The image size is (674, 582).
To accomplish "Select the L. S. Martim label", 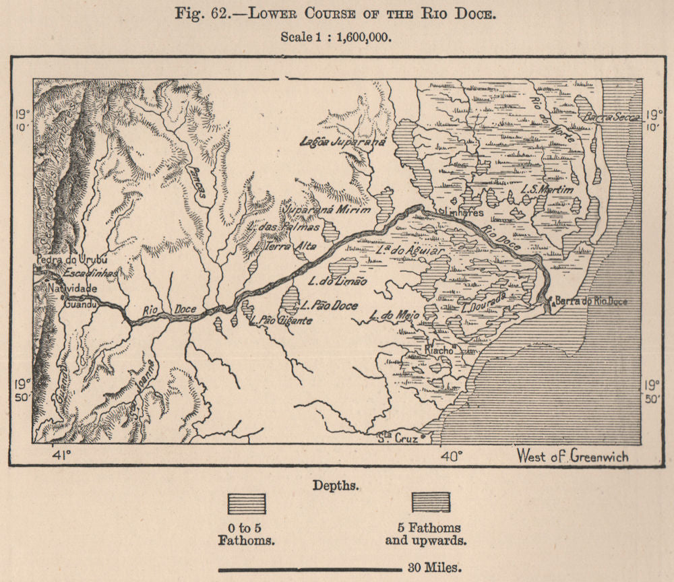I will pyautogui.click(x=547, y=191).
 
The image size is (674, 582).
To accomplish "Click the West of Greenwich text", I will pyautogui.click(x=572, y=456).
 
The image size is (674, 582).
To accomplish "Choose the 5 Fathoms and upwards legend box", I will pyautogui.click(x=431, y=503).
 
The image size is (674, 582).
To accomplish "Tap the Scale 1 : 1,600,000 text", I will pyautogui.click(x=336, y=38).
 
